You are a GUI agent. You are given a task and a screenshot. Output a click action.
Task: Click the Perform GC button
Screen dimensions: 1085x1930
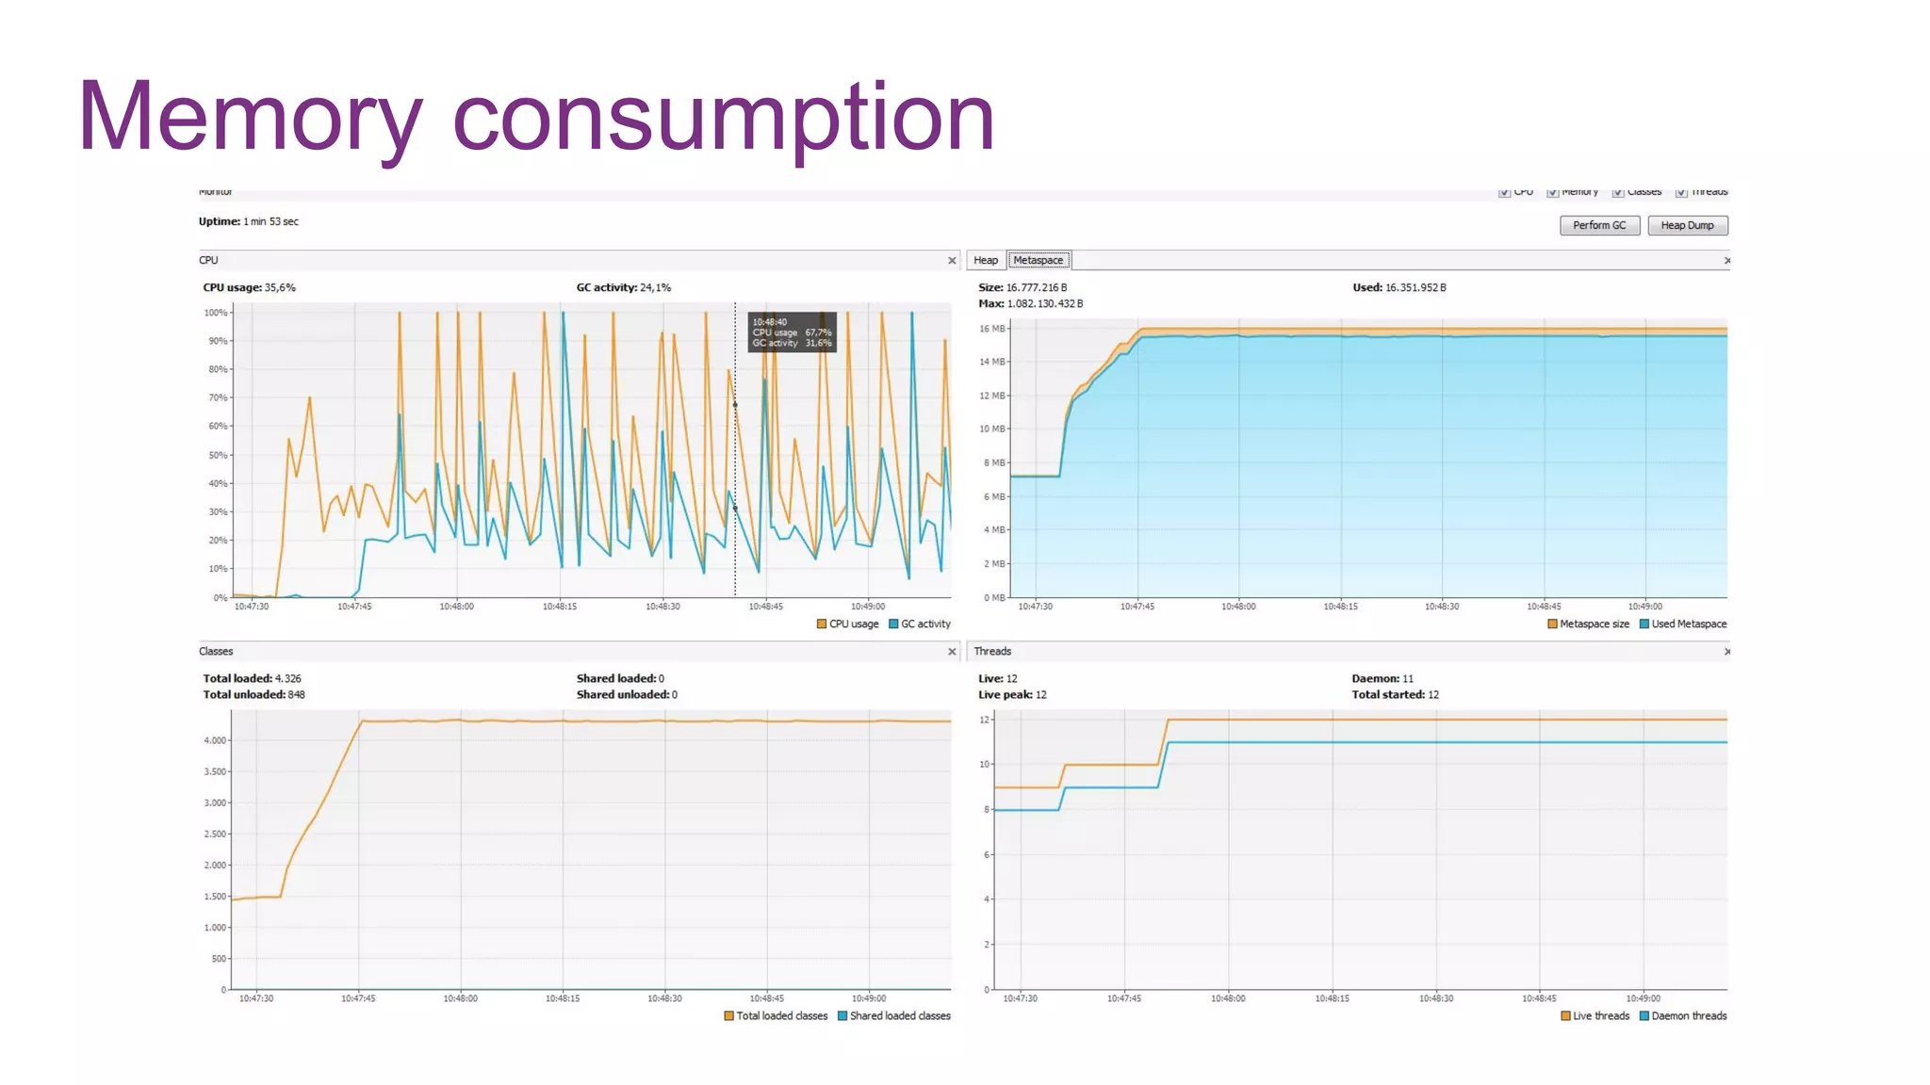coord(1599,225)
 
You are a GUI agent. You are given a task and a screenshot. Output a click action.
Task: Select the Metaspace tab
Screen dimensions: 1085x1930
coord(1038,260)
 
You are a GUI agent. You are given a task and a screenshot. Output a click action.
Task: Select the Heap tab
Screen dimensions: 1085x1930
coord(986,260)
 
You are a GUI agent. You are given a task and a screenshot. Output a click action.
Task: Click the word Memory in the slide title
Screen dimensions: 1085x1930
coord(250,117)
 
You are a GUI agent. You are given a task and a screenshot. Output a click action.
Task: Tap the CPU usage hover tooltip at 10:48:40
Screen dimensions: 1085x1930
coord(792,332)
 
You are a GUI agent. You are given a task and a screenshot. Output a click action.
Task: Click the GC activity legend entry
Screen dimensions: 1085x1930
coord(920,623)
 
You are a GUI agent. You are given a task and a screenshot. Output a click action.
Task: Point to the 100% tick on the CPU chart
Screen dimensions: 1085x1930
coord(216,313)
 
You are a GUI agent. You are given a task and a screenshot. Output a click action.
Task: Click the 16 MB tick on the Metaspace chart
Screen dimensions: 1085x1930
coord(992,329)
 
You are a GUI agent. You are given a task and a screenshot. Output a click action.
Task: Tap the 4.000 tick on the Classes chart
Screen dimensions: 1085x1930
coord(216,740)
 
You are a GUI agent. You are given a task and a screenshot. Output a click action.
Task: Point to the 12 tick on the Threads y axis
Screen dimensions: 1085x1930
coord(985,720)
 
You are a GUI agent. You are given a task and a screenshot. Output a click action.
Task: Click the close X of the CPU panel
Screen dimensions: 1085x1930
coord(952,261)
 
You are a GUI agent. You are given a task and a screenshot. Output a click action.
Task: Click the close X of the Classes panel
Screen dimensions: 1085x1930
coord(952,652)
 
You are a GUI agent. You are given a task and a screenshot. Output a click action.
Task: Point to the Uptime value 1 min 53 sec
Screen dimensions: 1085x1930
coord(270,221)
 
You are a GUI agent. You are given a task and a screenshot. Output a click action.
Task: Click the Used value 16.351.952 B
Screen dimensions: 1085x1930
coord(1415,287)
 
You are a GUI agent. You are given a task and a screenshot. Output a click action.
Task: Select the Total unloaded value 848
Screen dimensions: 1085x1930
coord(296,694)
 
